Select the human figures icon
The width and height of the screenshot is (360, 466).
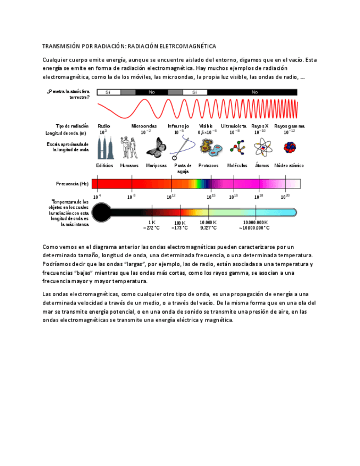[x=130, y=148]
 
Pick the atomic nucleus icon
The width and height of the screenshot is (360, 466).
[x=289, y=147]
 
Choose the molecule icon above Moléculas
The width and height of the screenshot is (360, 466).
[x=237, y=148]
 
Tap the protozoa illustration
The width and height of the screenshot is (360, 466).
[x=209, y=148]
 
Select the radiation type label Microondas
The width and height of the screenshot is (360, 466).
[x=144, y=126]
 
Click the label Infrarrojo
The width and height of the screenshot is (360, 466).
[x=179, y=126]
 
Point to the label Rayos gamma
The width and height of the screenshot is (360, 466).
[x=289, y=126]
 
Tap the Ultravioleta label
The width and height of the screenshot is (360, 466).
[x=234, y=126]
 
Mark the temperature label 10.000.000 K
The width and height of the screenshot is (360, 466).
[x=254, y=222]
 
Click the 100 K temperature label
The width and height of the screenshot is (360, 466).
[x=180, y=222]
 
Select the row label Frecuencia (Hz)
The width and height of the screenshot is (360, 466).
[x=72, y=184]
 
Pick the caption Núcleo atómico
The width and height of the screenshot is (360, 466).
[x=289, y=165]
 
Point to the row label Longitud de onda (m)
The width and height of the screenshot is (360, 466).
[x=66, y=133]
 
